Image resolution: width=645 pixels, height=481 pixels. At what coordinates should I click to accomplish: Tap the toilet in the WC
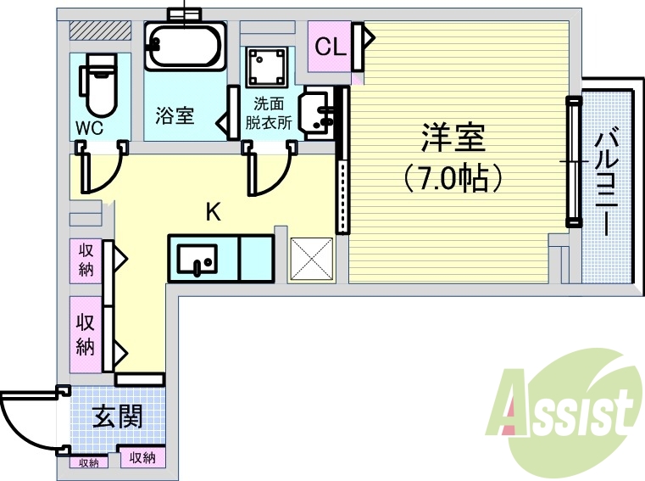click(98, 85)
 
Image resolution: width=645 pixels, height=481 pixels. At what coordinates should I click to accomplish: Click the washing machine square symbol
click(266, 66)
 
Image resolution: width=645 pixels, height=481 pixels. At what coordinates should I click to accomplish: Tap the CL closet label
click(330, 47)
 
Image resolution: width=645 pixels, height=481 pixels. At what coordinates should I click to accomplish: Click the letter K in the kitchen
click(214, 212)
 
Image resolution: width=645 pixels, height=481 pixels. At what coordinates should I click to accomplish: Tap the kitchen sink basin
click(198, 258)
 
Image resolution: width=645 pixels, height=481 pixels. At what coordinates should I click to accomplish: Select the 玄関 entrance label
click(116, 417)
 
